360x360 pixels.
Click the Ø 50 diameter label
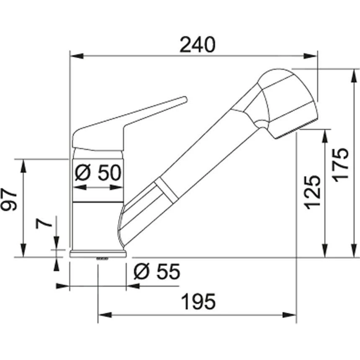(98, 173)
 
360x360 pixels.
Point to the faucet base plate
(98, 254)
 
